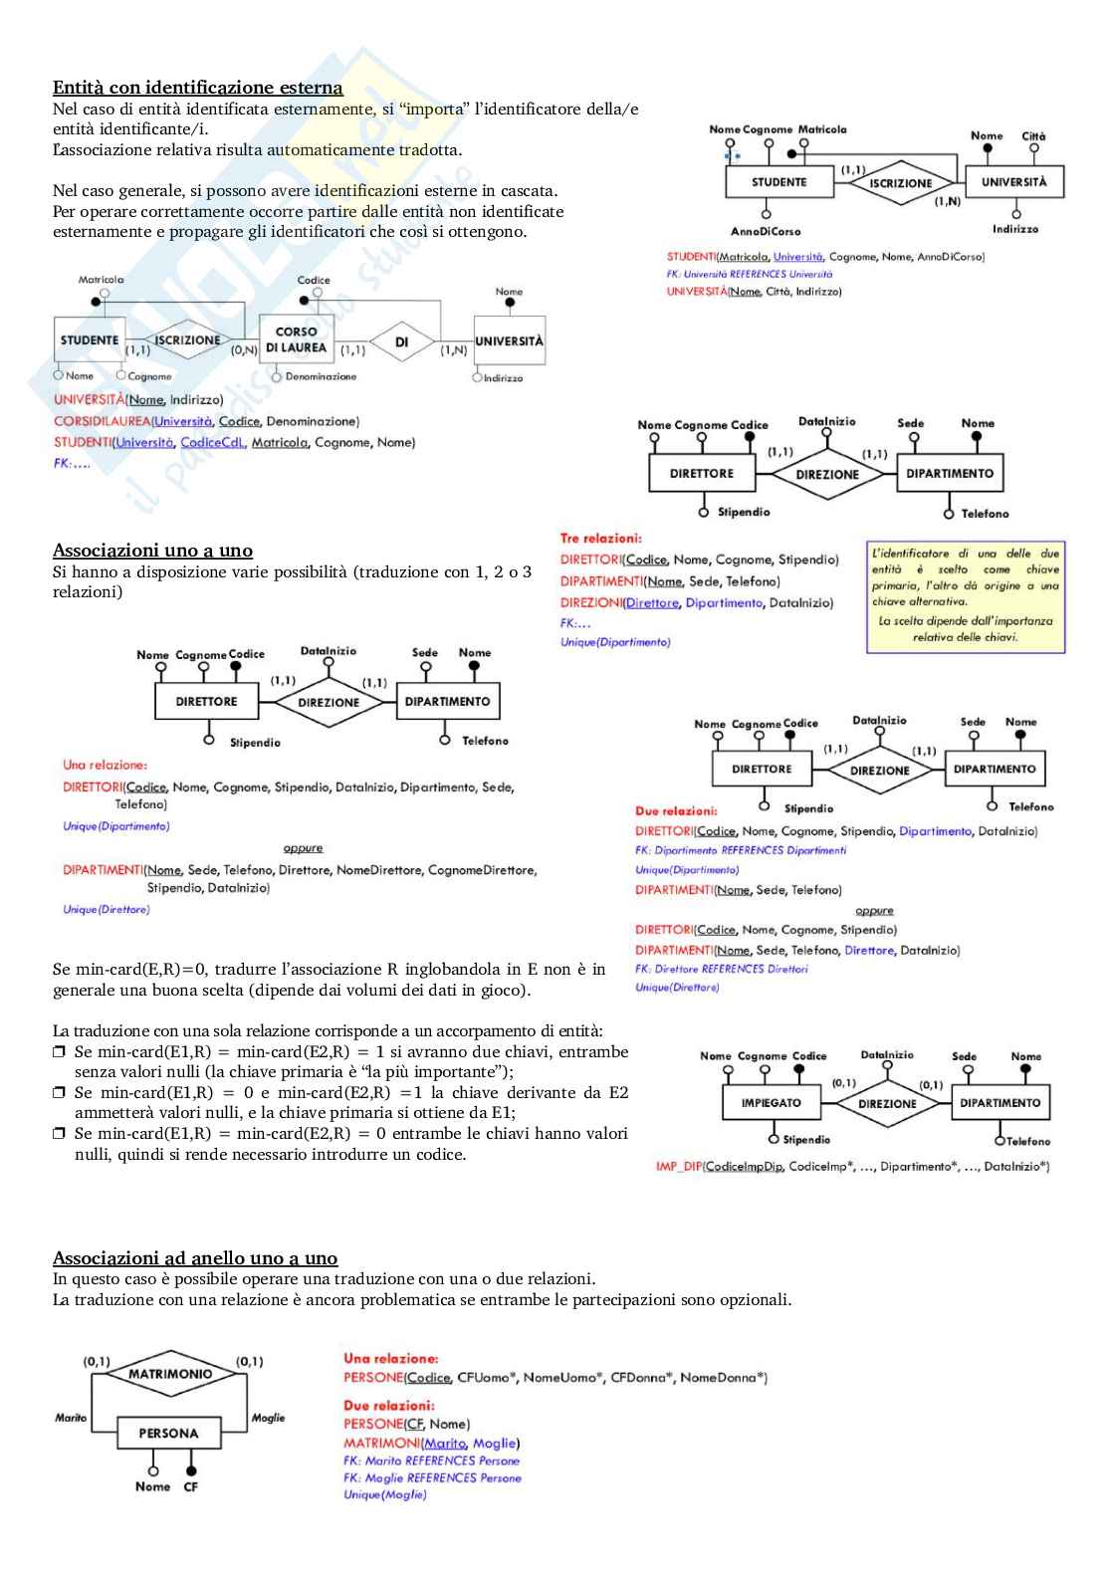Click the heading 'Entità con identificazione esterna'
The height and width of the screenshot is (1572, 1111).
(x=197, y=88)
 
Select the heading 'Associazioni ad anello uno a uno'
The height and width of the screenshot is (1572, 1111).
(x=195, y=1258)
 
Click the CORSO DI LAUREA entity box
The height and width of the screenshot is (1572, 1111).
(x=296, y=340)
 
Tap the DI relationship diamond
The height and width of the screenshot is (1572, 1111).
(x=402, y=342)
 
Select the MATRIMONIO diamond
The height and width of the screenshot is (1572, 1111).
(x=170, y=1374)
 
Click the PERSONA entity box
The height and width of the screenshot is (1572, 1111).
(x=168, y=1434)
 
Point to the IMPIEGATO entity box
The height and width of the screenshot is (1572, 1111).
(x=771, y=1103)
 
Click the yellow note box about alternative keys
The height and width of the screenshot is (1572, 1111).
(x=965, y=595)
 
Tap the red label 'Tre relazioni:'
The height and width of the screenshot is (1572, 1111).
(x=600, y=539)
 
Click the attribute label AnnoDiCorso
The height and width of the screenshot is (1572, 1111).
(x=766, y=232)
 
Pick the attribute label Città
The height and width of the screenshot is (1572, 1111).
(x=1033, y=136)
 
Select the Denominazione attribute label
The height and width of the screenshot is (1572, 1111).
(x=321, y=377)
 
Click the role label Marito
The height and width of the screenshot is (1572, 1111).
(x=71, y=1418)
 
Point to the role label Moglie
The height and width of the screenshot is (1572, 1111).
(x=268, y=1418)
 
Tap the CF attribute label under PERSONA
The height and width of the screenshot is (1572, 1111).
(x=190, y=1487)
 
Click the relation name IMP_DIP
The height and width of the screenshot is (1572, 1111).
(x=678, y=1167)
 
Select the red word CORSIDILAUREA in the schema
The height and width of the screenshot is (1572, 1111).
(x=102, y=422)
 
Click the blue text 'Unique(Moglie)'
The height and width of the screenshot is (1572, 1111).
(x=384, y=1495)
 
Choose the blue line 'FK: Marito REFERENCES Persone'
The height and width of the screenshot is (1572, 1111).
(x=431, y=1461)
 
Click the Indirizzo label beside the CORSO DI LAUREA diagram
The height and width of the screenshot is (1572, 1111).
(x=503, y=378)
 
